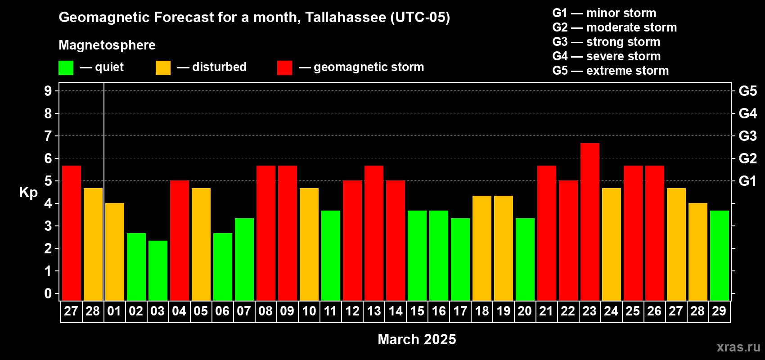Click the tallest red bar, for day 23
590,222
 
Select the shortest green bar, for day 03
158,270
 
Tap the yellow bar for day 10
309,244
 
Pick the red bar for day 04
179,240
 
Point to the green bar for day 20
525,259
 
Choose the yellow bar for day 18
482,248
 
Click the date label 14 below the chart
396,311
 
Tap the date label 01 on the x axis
114,311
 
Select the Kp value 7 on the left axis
48,136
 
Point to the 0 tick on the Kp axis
48,293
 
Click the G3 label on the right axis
747,136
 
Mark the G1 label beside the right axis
747,181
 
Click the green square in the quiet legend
66,67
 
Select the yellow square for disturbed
163,67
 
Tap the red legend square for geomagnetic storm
284,67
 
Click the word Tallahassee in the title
346,17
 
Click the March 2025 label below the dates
417,339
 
